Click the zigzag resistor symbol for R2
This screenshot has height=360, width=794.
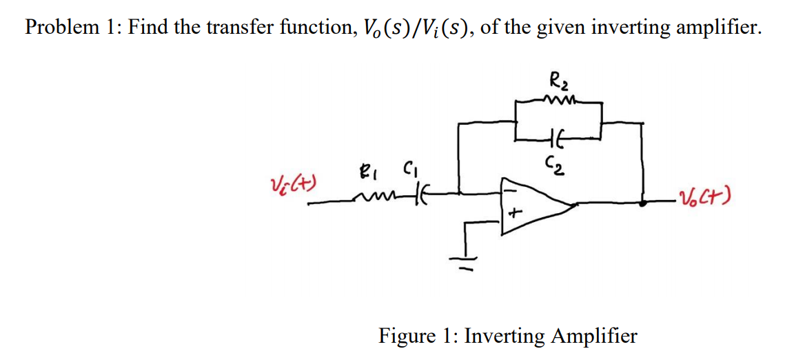(559, 101)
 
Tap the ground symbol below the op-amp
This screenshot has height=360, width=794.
(462, 261)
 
